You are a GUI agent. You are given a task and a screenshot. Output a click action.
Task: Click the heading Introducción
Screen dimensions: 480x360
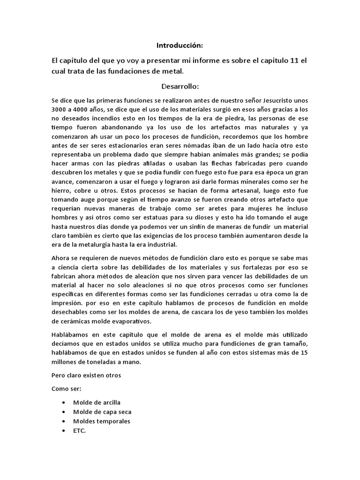pyautogui.click(x=180, y=45)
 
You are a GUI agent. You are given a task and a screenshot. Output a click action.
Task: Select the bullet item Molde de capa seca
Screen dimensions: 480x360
pyautogui.click(x=102, y=412)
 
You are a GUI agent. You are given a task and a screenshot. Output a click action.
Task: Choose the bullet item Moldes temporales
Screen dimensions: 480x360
pyautogui.click(x=102, y=421)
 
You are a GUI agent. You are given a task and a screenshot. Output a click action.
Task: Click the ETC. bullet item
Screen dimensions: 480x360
pyautogui.click(x=80, y=430)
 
